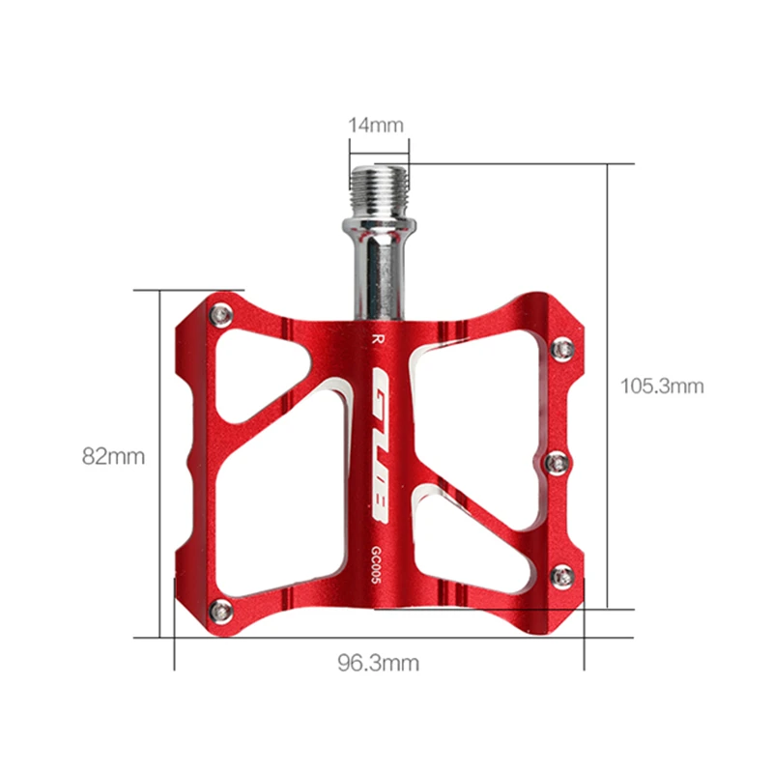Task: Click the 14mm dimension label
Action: (376, 126)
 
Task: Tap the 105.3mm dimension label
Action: (662, 386)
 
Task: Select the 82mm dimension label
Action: (113, 456)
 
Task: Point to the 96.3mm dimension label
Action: (378, 663)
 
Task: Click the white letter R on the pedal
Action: (377, 339)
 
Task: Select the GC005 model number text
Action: (376, 565)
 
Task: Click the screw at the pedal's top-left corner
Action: (221, 316)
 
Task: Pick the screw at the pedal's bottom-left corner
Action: (221, 613)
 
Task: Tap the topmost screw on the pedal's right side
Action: (561, 350)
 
